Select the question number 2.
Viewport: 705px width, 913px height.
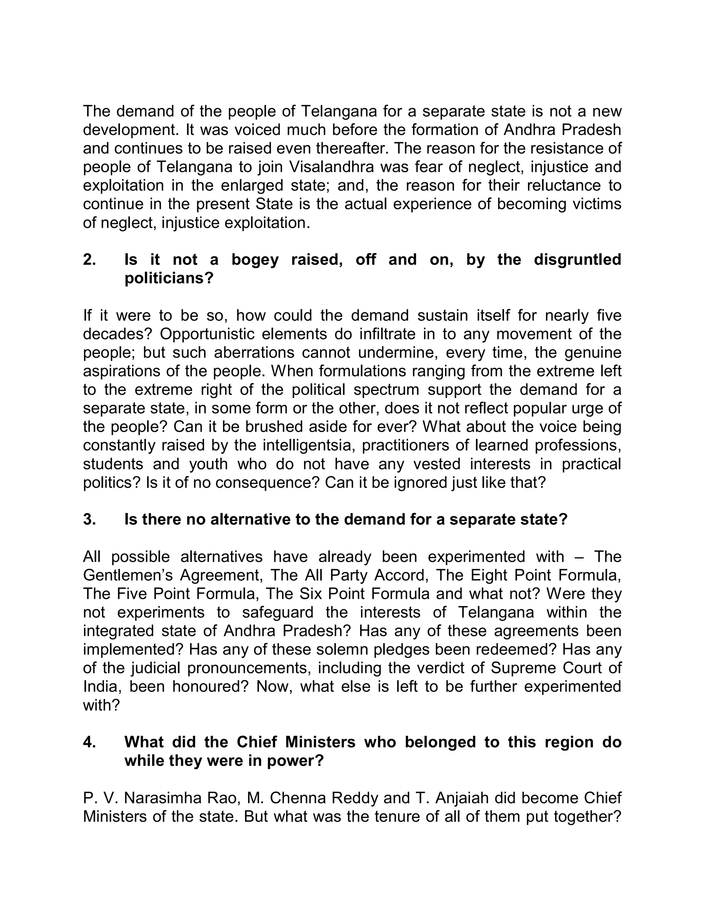coord(90,260)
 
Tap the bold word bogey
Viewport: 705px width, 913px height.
coord(255,260)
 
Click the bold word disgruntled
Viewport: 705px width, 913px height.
coord(577,260)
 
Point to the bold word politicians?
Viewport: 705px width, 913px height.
coord(169,278)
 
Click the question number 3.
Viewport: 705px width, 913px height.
coord(90,520)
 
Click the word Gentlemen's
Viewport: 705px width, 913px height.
coord(128,576)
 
